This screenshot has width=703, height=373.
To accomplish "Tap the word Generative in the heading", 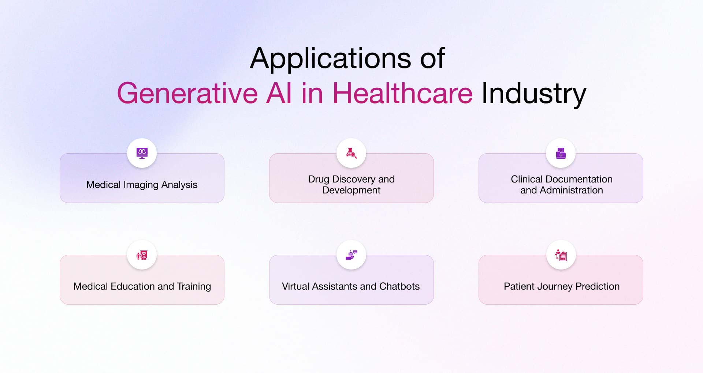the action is coord(187,93).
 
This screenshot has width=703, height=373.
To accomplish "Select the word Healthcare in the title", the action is coord(402,93).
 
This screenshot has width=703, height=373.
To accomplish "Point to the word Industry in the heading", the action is coord(534,94).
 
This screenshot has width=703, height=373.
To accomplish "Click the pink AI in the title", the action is coord(279,93).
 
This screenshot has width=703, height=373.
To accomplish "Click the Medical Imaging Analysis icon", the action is coord(142,153).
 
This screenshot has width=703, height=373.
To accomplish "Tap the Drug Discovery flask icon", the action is coord(351,153).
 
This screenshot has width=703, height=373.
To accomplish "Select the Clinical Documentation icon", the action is coord(561,153).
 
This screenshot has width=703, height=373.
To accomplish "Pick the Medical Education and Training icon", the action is coord(142,255).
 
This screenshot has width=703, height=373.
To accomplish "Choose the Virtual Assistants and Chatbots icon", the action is coord(351,255).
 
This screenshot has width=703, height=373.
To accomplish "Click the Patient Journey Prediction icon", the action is coord(561,255).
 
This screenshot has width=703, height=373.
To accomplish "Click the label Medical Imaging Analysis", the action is coord(142,185).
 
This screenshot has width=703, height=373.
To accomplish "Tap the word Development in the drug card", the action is coord(351,191).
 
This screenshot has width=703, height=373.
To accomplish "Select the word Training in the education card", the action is coord(194,286).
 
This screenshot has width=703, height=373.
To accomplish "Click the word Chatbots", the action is coord(399,286).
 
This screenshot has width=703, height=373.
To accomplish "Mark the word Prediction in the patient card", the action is coord(598,286).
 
